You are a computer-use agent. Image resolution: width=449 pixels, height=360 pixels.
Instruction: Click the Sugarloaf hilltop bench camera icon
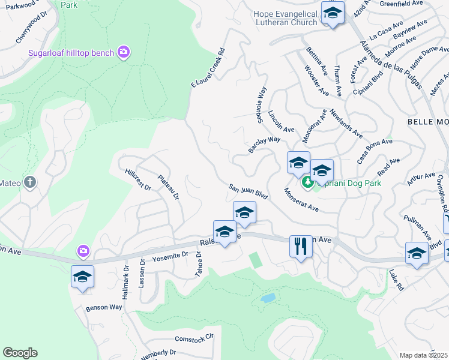(x=124, y=53)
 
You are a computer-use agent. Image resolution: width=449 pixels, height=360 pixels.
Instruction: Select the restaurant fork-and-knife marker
(x=301, y=245)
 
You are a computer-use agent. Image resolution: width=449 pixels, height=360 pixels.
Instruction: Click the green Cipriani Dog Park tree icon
(x=307, y=181)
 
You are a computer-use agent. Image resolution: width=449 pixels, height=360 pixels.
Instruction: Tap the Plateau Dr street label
(x=169, y=187)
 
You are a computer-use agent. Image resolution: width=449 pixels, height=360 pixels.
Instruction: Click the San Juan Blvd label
(x=248, y=191)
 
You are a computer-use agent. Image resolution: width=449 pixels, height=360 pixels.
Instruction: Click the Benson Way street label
(x=104, y=307)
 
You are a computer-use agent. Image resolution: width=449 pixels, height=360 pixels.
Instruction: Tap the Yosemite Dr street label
(x=170, y=255)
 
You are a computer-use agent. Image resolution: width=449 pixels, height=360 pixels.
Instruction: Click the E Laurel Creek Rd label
(x=208, y=68)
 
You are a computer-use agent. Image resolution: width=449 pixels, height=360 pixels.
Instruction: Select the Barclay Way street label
(x=265, y=143)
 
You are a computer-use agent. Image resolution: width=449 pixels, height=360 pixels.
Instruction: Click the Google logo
(x=20, y=353)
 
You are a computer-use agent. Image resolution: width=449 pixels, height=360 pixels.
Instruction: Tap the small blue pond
(x=268, y=298)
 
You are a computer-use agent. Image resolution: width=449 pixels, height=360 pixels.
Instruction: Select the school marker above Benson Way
(x=82, y=277)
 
